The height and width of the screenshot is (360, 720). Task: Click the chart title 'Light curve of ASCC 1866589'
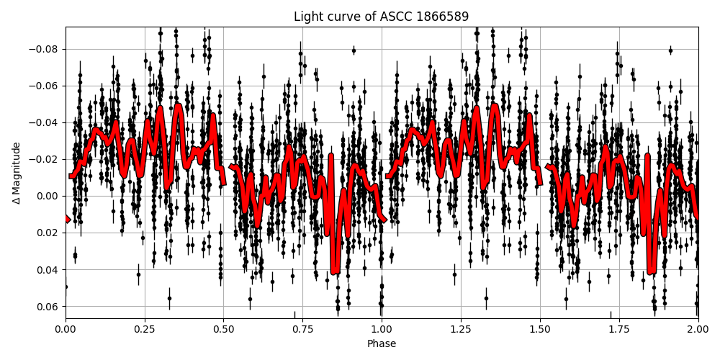click(382, 17)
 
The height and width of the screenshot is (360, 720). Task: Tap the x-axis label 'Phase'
click(382, 344)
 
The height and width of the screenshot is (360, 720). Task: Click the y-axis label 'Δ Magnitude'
click(16, 173)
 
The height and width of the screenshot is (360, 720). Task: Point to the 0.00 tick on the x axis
click(66, 330)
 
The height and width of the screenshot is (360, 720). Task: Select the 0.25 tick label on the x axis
click(145, 330)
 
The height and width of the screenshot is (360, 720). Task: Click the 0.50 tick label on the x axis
click(224, 330)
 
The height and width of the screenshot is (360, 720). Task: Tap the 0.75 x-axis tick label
click(302, 330)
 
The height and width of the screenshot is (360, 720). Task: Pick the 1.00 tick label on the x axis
click(382, 330)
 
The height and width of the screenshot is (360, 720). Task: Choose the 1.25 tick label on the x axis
click(461, 330)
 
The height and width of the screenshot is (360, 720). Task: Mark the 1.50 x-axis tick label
click(540, 330)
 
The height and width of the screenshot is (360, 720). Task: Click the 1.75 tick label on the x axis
click(619, 330)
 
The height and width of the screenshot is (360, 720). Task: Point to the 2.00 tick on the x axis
click(698, 330)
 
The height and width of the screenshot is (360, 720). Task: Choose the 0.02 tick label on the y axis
click(48, 233)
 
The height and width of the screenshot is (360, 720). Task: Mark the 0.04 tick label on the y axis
click(48, 270)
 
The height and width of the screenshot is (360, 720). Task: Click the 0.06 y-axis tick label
click(48, 307)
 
